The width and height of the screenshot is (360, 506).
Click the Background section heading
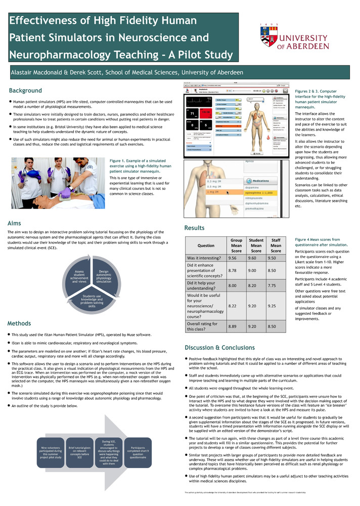click(x=26, y=91)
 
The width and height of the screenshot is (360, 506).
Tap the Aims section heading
click(x=15, y=223)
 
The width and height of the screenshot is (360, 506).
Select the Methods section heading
click(x=20, y=323)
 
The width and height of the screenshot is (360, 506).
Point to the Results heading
click(x=194, y=228)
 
